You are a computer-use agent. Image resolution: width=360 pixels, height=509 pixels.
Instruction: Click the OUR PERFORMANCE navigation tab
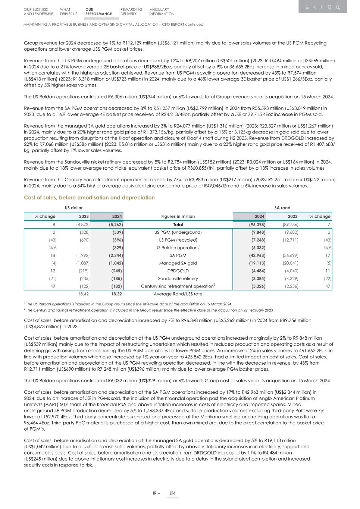click(98, 12)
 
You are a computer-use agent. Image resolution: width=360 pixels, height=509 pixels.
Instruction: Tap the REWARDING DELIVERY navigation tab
click(131, 12)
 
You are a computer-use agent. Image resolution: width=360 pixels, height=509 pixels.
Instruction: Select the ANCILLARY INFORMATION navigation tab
click(162, 12)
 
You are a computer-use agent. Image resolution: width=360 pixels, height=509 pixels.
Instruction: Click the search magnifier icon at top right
click(338, 7)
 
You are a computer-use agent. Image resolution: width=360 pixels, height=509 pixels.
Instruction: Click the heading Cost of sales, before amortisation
click(89, 198)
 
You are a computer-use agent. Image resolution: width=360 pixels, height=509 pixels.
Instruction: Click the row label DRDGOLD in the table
click(178, 271)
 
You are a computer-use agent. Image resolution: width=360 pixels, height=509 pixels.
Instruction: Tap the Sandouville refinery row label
click(178, 279)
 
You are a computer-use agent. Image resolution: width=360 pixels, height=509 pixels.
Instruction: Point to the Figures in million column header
click(178, 216)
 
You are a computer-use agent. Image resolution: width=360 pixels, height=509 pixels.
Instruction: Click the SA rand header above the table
click(282, 208)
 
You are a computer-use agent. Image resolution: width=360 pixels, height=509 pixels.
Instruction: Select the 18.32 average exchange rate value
click(117, 294)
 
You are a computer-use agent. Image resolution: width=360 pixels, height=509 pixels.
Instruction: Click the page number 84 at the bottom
click(172, 493)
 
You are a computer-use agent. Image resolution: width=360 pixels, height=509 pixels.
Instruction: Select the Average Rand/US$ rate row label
click(178, 294)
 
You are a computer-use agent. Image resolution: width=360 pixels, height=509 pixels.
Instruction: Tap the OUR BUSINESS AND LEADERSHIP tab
click(38, 12)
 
